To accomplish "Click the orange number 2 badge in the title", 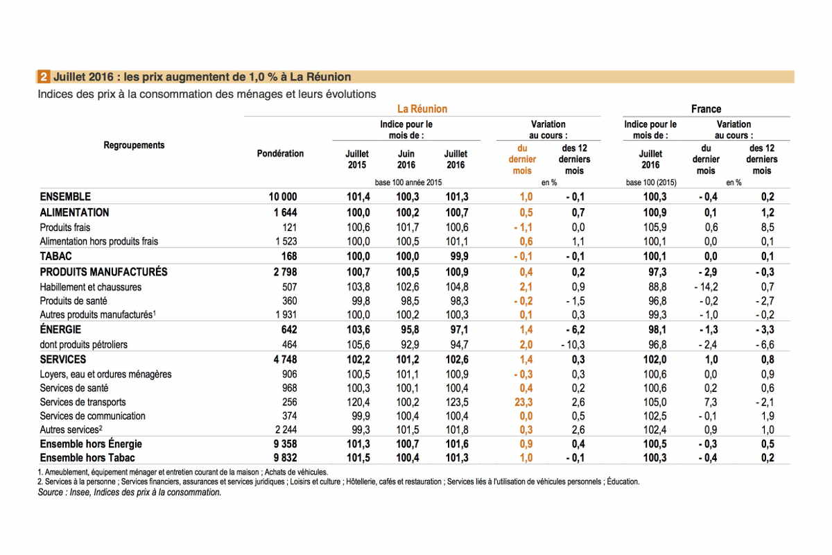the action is (x=43, y=77).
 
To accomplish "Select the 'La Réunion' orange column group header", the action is (x=422, y=109).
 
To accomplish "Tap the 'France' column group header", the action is (x=706, y=109).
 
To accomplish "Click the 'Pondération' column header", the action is (x=280, y=153).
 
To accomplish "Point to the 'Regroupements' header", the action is (x=134, y=145).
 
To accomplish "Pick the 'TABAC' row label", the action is (x=55, y=256).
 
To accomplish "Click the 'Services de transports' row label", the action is (x=83, y=402).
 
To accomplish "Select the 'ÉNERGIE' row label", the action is (x=60, y=329).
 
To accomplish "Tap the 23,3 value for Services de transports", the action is (x=523, y=402).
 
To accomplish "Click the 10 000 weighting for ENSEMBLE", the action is (x=283, y=196).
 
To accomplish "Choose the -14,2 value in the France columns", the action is (x=706, y=287).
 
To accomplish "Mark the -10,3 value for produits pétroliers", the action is (x=573, y=345).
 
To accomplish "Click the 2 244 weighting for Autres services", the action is (x=286, y=429).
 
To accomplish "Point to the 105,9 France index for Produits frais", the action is (x=655, y=227).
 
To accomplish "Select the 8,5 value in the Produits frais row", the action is (x=768, y=227).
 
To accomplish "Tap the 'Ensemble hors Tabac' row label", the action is (x=87, y=458).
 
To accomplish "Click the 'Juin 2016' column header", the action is (x=406, y=159).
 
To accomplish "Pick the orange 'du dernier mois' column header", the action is (x=522, y=159).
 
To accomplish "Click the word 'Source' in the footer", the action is (x=50, y=492).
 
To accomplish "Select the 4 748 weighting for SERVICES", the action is (x=285, y=359).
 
